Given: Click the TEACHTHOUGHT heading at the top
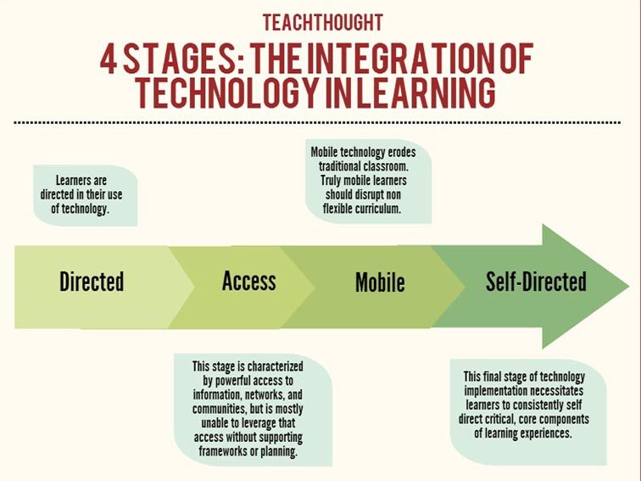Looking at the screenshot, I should (x=322, y=21).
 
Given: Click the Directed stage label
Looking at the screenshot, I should (x=92, y=282).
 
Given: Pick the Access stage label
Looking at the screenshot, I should (x=249, y=281).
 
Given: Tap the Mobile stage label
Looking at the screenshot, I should (x=380, y=282).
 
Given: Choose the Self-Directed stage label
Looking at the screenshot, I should (x=536, y=282).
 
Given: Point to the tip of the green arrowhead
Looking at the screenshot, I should (x=628, y=286).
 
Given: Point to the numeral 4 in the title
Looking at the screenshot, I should (x=109, y=60).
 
